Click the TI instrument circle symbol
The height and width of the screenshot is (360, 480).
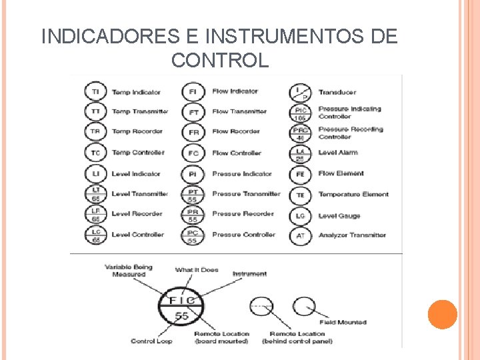[96, 91]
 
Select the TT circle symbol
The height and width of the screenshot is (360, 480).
[96, 111]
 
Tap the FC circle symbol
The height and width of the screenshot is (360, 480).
[193, 153]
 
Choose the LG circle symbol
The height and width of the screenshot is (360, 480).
[301, 215]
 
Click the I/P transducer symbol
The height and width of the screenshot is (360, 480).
[301, 92]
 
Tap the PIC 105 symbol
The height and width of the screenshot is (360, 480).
[301, 113]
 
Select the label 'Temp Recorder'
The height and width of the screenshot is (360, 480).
[137, 132]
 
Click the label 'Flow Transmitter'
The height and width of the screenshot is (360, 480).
[239, 111]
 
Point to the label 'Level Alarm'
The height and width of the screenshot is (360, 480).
[337, 153]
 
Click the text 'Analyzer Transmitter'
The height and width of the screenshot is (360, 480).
[352, 235]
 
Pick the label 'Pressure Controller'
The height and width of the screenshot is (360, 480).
[243, 235]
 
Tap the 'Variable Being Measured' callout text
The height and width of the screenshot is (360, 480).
[129, 271]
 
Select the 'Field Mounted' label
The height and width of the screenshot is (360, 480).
[343, 322]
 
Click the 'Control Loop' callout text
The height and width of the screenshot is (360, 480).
[151, 341]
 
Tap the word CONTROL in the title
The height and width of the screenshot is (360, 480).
[220, 61]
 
